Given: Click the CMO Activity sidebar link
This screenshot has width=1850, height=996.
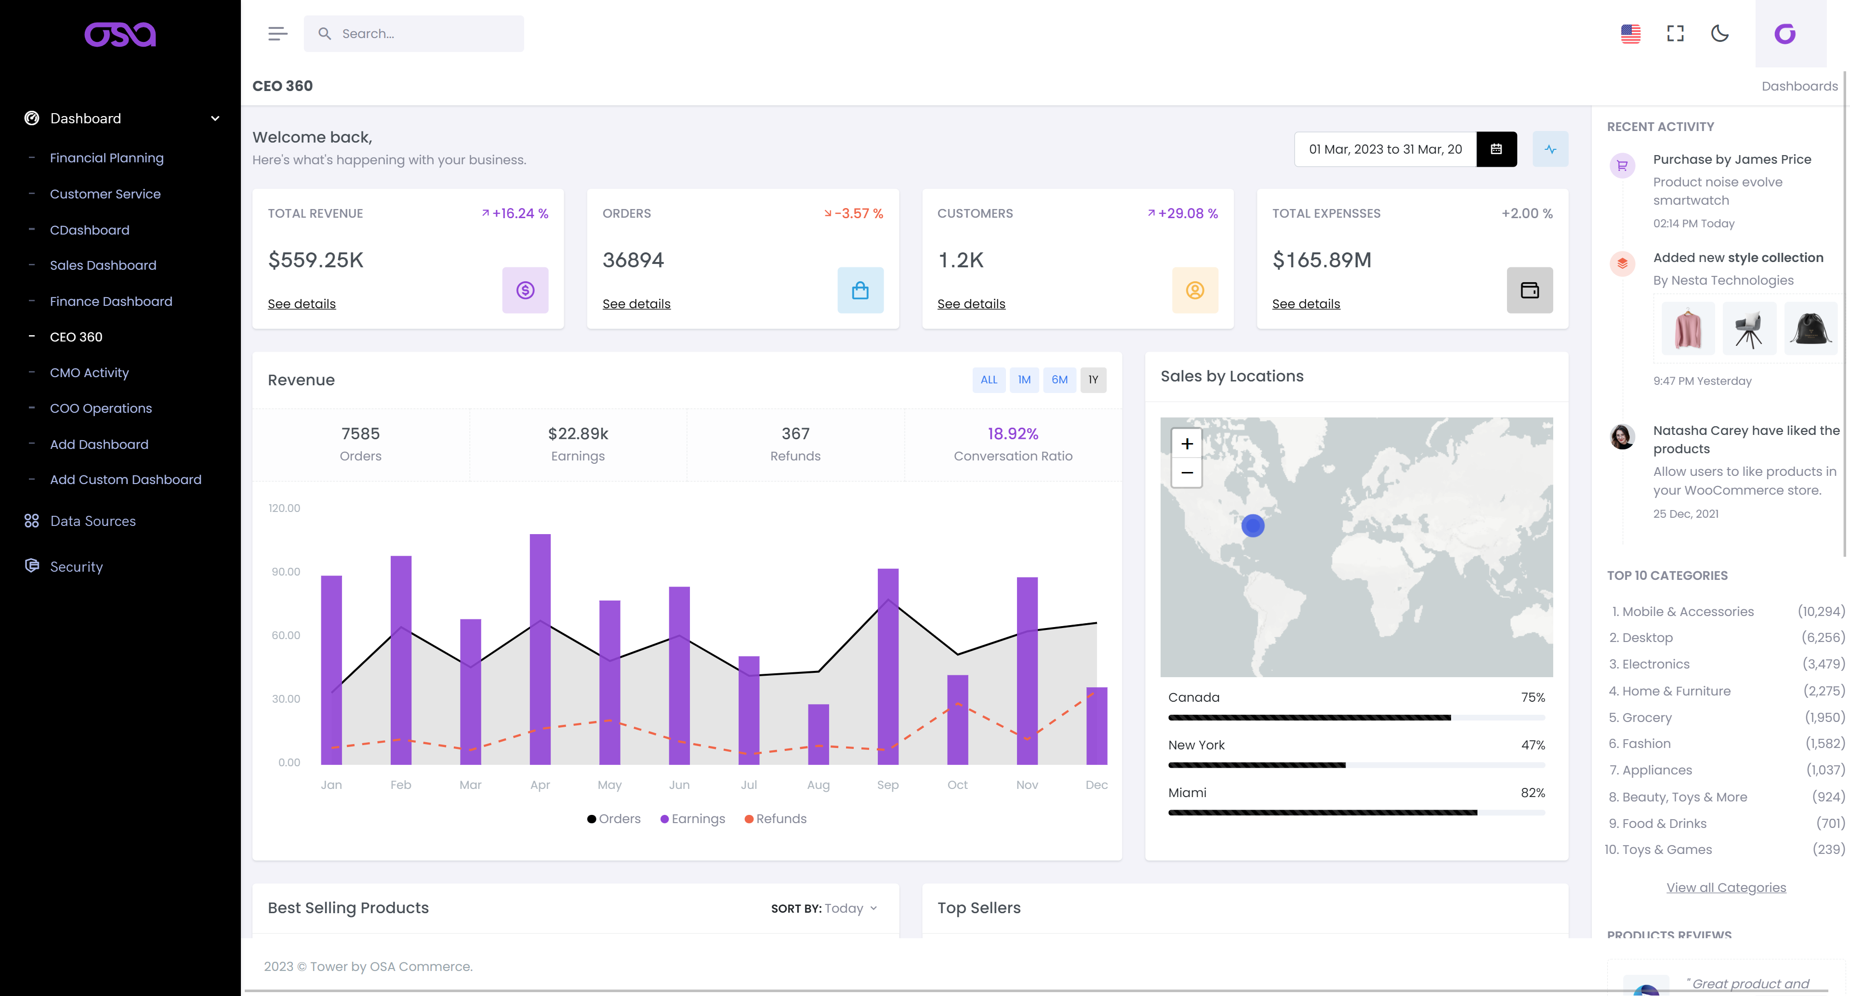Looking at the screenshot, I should [x=89, y=372].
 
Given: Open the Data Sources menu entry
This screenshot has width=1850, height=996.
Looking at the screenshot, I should [x=92, y=521].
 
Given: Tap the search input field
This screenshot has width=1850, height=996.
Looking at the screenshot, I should [x=424, y=34].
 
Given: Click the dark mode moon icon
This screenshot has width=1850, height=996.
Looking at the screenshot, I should [x=1719, y=34].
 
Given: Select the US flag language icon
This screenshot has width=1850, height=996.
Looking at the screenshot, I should [x=1630, y=34].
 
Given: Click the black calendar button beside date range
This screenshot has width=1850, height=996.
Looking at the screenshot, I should [x=1496, y=149].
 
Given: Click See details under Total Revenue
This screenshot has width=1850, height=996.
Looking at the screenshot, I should [x=302, y=304].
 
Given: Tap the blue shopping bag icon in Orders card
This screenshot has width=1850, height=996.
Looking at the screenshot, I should [x=859, y=290].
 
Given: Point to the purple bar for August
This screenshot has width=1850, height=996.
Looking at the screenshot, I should [x=818, y=734].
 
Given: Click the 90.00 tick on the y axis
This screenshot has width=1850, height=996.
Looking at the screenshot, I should [x=286, y=572].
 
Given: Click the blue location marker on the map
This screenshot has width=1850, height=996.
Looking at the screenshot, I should [x=1253, y=525].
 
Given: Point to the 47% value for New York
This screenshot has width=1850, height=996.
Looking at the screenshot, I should [x=1533, y=745].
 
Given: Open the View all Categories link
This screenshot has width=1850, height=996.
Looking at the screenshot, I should [x=1726, y=888].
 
